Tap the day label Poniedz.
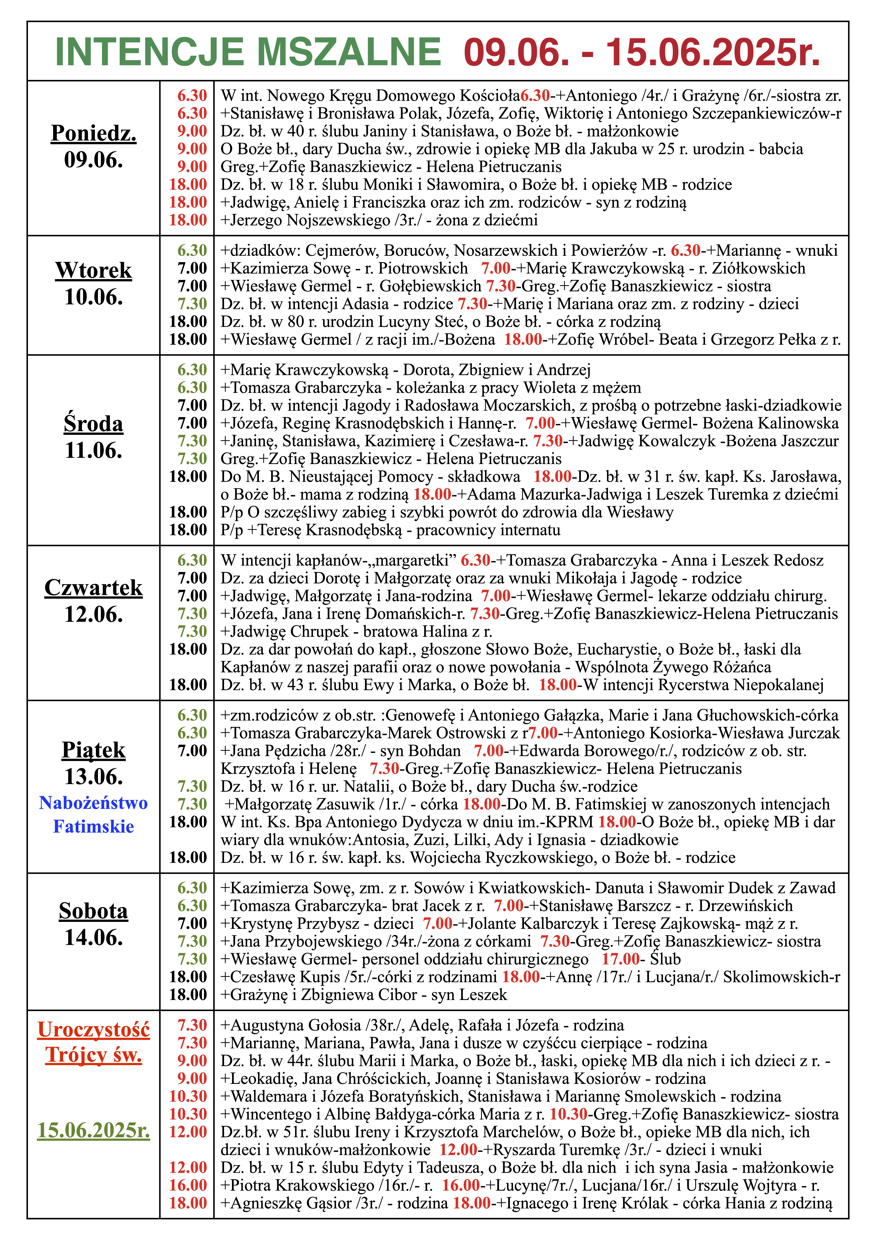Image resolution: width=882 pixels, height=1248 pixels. (94, 133)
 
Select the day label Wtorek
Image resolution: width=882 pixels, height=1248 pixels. (94, 270)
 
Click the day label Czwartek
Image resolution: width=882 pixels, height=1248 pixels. (94, 588)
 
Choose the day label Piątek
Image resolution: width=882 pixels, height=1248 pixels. (94, 750)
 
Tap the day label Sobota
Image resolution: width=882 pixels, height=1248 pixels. (94, 911)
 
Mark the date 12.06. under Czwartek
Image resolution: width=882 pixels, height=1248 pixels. (94, 614)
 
